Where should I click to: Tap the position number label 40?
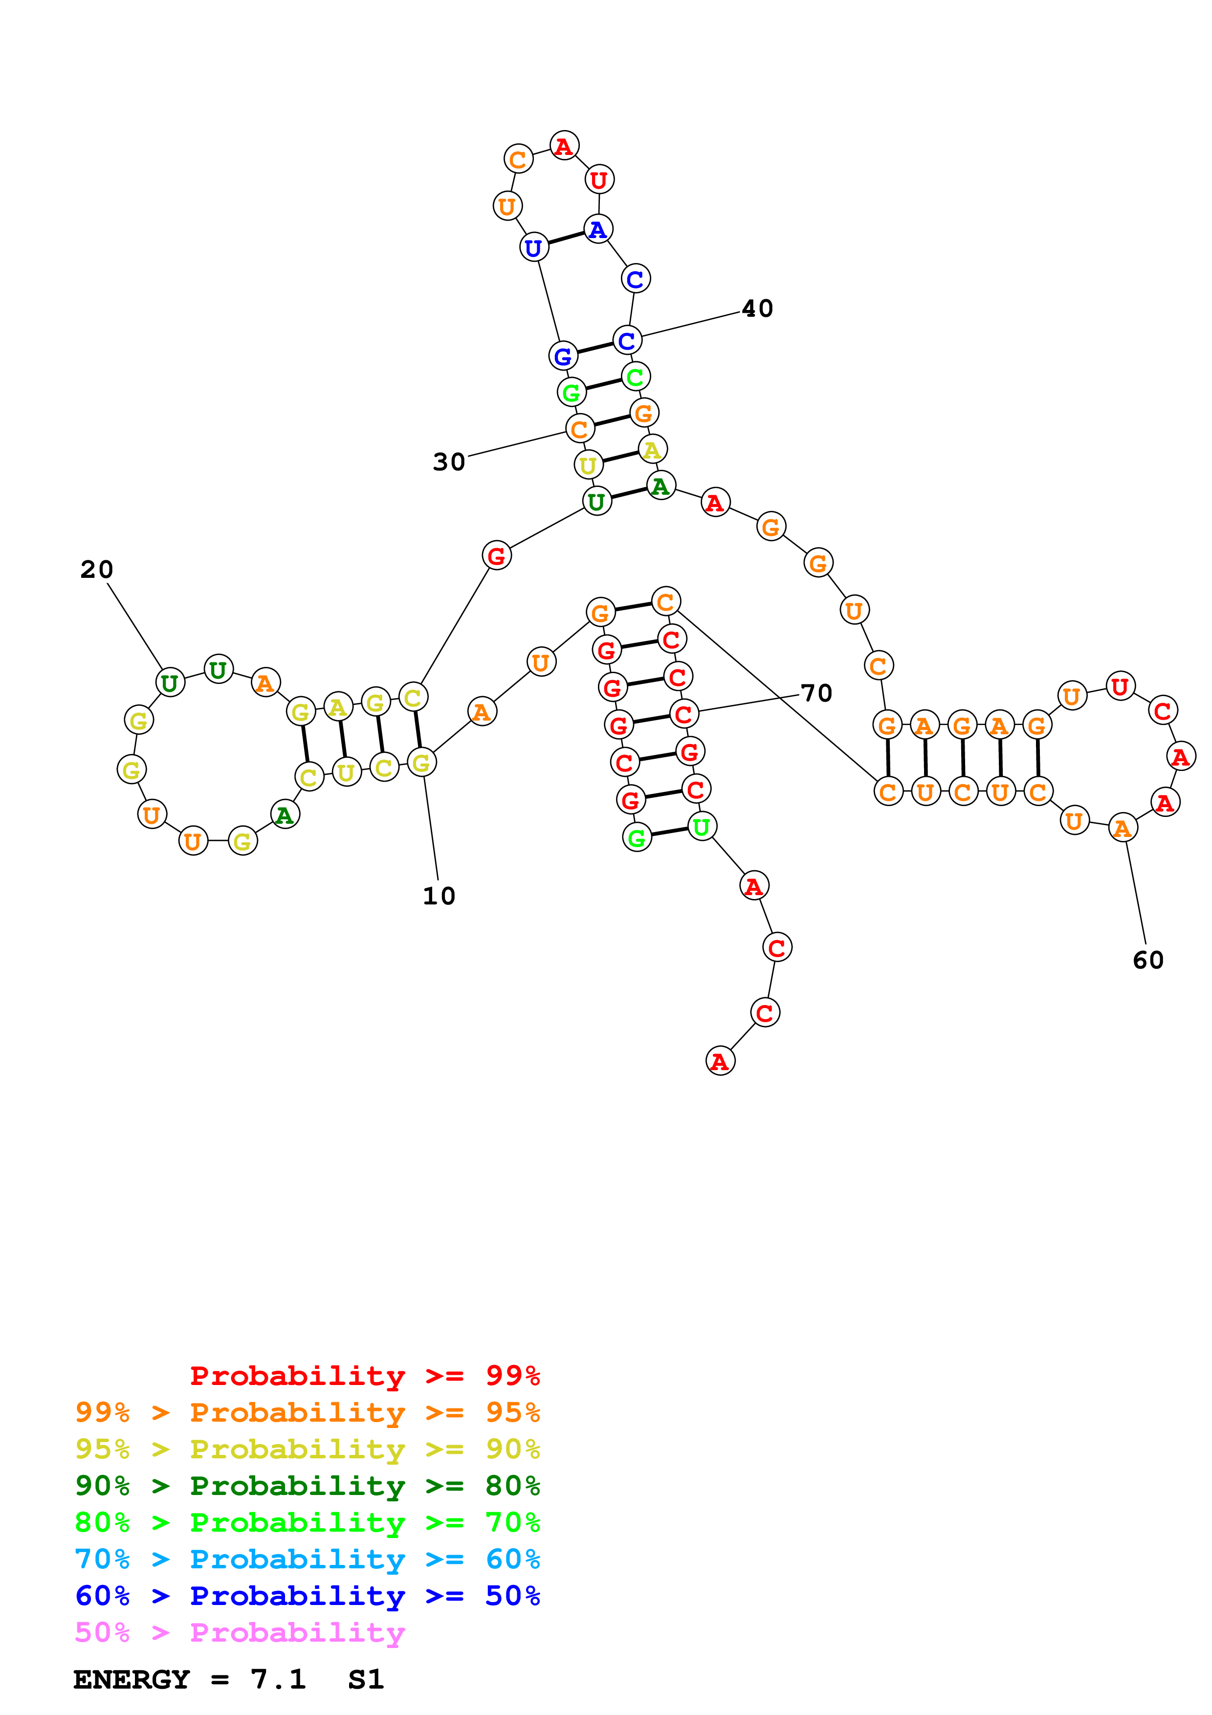757,308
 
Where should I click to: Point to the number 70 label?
816,693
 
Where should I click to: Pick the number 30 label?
449,462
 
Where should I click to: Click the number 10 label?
439,896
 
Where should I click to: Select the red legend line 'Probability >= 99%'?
364,1375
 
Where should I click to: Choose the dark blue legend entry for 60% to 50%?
308,1596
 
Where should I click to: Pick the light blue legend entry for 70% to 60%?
308,1559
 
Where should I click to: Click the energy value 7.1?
278,1679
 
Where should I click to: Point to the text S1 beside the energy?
366,1679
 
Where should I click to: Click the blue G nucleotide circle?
563,356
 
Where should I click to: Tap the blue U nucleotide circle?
534,247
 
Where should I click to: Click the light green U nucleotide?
701,826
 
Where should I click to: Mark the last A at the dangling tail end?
720,1061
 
